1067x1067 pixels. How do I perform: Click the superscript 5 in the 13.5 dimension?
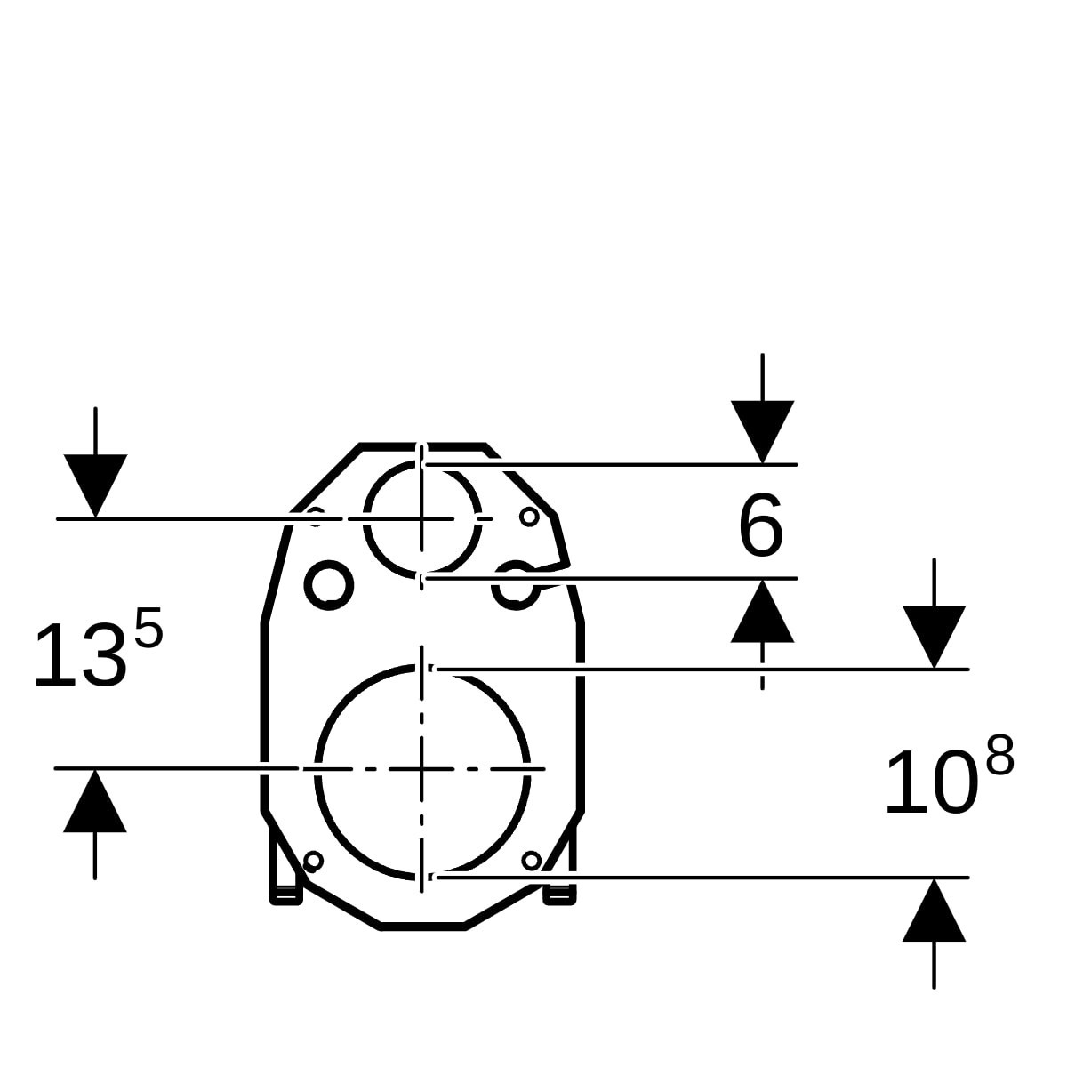[149, 628]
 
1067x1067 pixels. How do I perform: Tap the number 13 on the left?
[78, 656]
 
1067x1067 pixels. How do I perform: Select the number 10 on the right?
[931, 783]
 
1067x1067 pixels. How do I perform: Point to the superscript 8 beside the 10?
[1000, 754]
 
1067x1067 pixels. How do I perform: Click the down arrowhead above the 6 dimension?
[762, 432]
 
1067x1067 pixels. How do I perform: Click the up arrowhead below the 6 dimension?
[762, 611]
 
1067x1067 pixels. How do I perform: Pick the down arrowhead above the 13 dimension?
[95, 486]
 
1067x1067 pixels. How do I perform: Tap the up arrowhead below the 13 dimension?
[94, 801]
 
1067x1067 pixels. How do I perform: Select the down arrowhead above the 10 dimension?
[935, 637]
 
